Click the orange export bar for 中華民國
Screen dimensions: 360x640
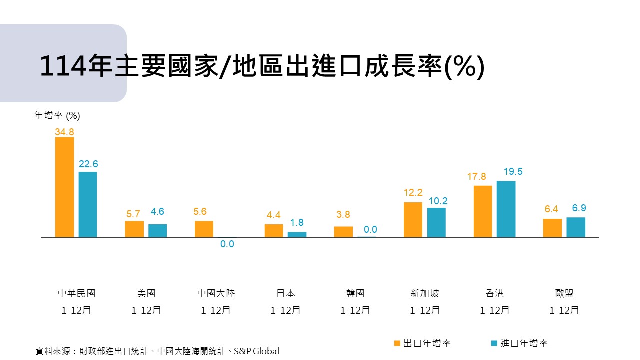coord(64,187)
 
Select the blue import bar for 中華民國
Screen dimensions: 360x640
coord(88,204)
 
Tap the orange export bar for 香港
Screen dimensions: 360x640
coord(483,211)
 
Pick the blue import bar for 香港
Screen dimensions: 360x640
coord(506,209)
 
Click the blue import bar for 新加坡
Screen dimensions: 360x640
coord(436,222)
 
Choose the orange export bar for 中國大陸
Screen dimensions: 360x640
coord(204,229)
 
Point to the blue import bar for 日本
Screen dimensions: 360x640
coord(297,234)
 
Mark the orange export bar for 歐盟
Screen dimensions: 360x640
coord(552,228)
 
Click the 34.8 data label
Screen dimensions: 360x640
coord(64,132)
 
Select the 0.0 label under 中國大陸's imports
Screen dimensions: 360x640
coord(227,244)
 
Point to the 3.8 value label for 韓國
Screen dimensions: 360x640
coord(343,215)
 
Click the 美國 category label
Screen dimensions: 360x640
coord(146,293)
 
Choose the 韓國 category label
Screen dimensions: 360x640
coord(355,293)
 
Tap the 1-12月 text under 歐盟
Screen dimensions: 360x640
coord(564,310)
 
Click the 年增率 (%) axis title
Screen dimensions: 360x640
coord(57,116)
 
